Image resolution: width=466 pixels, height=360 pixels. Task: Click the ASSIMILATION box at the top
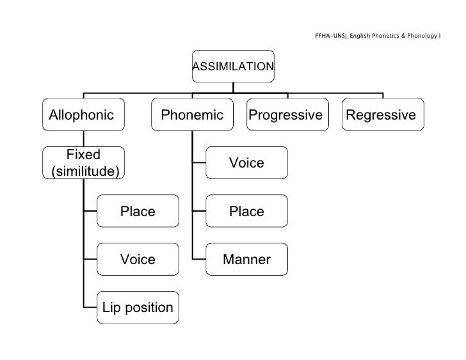[233, 66]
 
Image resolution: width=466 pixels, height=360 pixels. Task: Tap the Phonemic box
[192, 115]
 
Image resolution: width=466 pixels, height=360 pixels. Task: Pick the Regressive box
[382, 115]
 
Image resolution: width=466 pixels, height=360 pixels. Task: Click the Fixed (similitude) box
[83, 163]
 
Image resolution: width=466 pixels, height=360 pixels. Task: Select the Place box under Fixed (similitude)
[138, 211]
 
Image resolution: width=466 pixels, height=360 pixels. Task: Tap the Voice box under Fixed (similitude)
[138, 259]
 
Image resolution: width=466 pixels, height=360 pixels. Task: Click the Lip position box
[138, 308]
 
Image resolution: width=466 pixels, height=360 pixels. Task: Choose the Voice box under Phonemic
[246, 163]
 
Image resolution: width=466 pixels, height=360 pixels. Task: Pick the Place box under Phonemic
[246, 211]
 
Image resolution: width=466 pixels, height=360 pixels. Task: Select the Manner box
[246, 260]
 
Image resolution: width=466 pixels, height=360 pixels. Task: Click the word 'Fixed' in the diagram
[83, 155]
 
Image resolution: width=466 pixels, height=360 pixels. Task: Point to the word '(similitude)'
[83, 171]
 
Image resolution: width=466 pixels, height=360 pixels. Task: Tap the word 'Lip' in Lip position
[111, 308]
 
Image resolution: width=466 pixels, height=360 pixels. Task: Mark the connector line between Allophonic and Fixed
[83, 139]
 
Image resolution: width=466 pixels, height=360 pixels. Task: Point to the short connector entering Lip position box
[90, 308]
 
